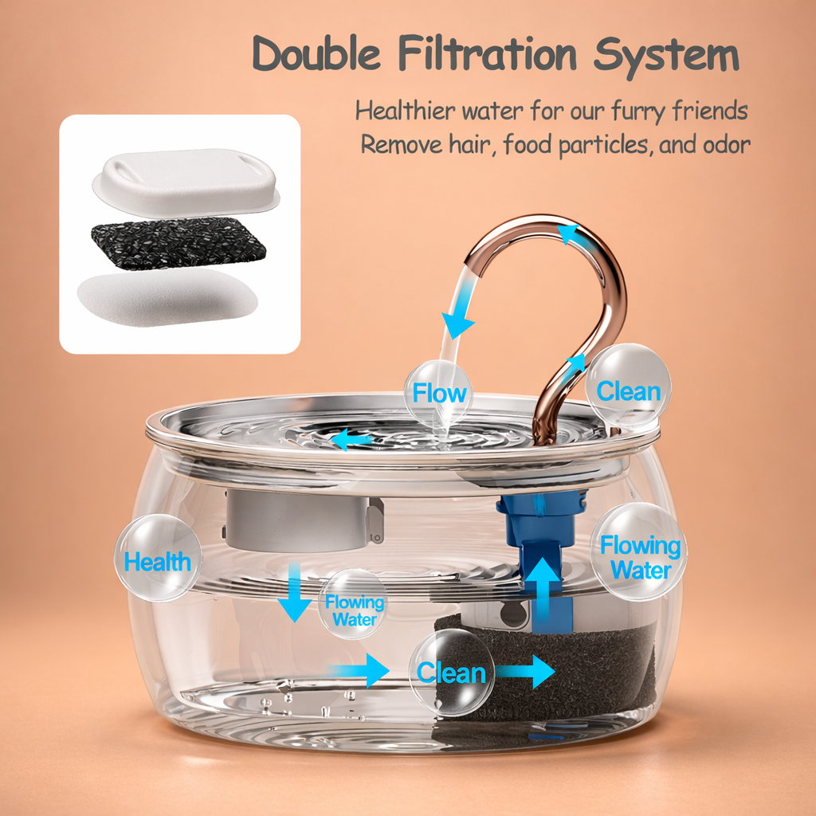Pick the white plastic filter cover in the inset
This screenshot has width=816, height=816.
(186, 179)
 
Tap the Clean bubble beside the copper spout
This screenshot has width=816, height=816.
(629, 390)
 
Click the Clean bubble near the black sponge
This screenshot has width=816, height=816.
(452, 673)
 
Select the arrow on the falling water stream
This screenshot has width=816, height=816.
(457, 322)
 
